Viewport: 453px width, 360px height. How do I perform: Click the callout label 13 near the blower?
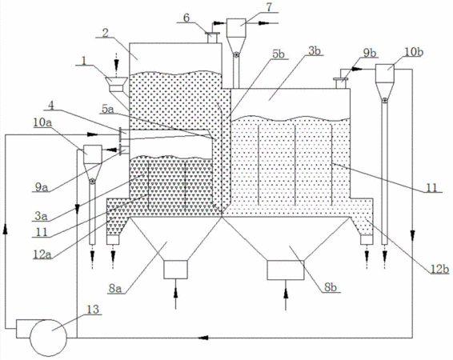pos(94,310)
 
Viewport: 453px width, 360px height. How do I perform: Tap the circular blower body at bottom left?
pos(49,338)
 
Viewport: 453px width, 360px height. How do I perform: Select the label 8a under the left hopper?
pos(114,288)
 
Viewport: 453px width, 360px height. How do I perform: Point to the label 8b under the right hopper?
pos(331,287)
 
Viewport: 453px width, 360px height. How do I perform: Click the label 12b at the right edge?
pos(439,269)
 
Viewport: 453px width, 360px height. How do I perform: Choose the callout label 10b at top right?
pos(415,53)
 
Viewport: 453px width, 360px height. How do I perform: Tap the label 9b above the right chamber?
pos(369,53)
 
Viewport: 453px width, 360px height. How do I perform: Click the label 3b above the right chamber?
pos(315,50)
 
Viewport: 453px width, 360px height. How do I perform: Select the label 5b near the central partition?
pos(278,54)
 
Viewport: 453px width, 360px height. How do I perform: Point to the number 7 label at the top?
pos(269,7)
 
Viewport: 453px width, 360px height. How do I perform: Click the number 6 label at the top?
pos(186,18)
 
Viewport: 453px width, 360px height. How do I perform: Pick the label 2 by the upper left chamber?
pos(106,33)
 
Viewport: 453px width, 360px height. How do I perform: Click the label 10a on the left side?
pos(42,122)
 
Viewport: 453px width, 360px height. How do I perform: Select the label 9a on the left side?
pos(41,188)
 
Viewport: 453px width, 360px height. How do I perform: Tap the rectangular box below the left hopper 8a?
pos(175,270)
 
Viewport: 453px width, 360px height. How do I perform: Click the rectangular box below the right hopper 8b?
pos(286,270)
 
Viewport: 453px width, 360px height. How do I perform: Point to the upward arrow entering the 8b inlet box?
pos(286,298)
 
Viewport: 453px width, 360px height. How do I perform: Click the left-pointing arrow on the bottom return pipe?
pos(204,337)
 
